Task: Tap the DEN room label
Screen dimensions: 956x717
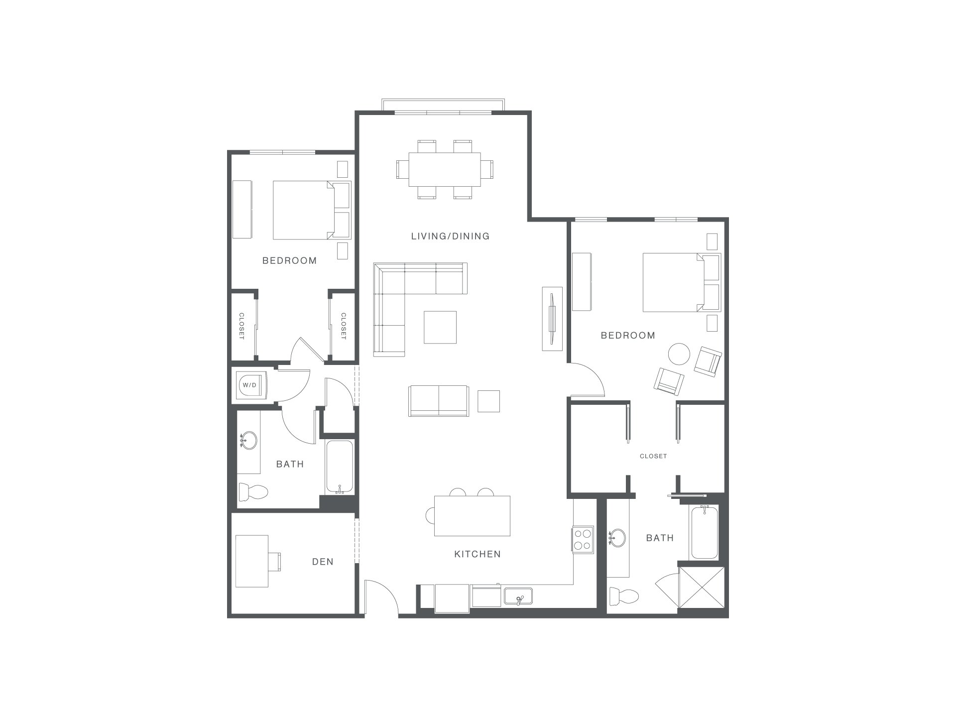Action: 323,562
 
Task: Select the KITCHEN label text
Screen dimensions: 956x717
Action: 478,554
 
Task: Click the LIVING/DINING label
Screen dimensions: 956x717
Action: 451,236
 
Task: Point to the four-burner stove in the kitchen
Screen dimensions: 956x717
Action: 583,539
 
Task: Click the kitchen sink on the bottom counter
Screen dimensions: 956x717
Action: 518,596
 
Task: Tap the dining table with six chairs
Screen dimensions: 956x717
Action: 445,170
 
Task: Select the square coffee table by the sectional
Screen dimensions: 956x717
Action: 440,327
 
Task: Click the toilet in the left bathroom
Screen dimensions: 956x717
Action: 253,492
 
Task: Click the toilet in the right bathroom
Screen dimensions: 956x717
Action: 624,596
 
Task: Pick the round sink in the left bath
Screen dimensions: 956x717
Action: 248,441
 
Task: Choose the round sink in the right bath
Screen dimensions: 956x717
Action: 618,538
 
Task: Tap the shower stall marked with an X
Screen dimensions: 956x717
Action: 702,587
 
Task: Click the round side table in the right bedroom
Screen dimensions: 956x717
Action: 679,355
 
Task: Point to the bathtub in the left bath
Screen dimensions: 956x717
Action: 340,467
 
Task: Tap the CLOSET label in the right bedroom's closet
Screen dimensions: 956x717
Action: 653,456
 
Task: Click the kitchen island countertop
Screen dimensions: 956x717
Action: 473,515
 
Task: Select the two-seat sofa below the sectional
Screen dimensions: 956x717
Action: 438,401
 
